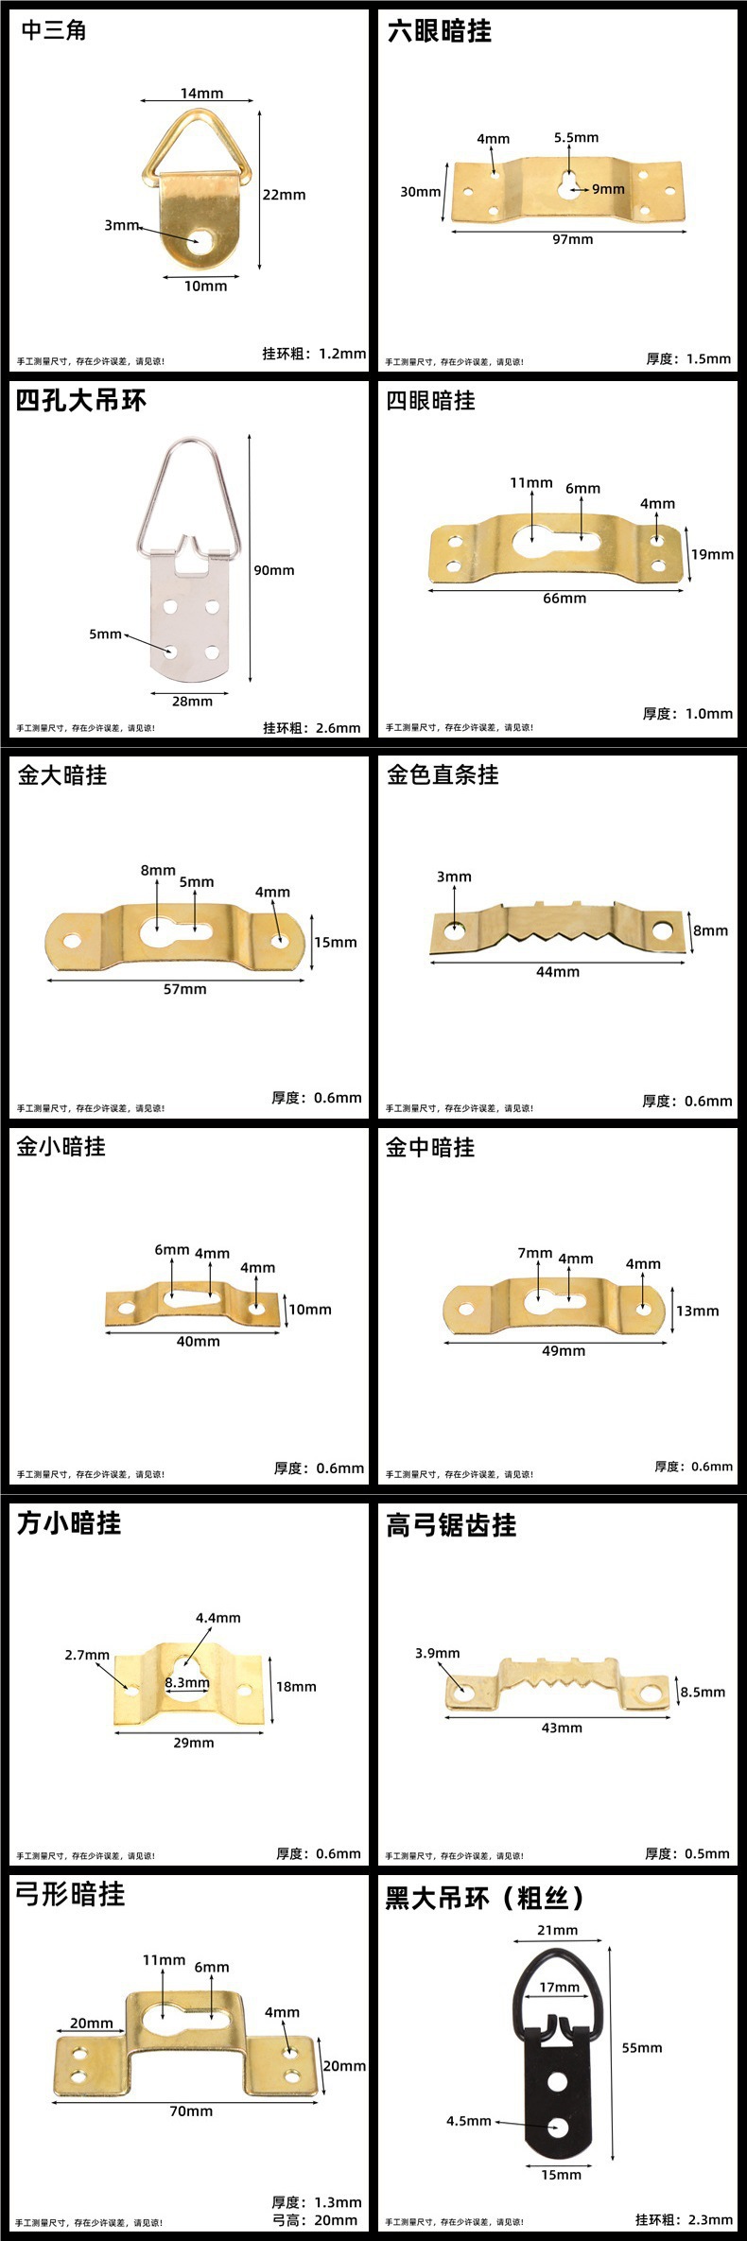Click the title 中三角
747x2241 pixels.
click(x=54, y=30)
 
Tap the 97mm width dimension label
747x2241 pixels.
click(x=573, y=240)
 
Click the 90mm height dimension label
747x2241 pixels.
click(x=273, y=570)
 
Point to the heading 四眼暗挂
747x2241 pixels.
click(x=430, y=401)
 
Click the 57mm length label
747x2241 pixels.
click(x=185, y=989)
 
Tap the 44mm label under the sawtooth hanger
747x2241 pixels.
click(x=558, y=972)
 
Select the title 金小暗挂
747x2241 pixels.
click(x=61, y=1147)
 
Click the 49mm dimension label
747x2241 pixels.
click(x=564, y=1351)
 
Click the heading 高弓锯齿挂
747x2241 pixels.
click(x=451, y=1525)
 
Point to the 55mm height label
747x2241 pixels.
click(x=641, y=2048)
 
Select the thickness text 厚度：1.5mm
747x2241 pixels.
click(x=688, y=359)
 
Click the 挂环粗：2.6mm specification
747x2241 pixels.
click(x=311, y=728)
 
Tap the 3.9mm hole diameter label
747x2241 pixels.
click(x=437, y=1653)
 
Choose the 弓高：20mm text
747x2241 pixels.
click(x=315, y=2220)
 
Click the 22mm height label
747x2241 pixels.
click(x=284, y=195)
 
